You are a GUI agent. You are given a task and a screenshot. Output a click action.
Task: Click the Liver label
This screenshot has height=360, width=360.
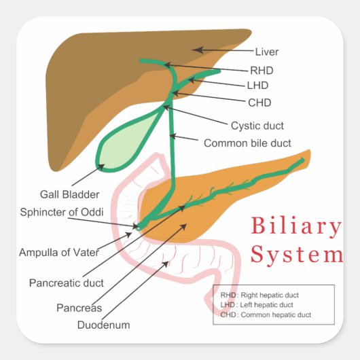pos(267,52)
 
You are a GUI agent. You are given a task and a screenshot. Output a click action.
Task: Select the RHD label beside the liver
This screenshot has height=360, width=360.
pos(262,69)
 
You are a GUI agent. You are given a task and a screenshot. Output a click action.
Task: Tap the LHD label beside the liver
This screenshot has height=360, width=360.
pos(258,86)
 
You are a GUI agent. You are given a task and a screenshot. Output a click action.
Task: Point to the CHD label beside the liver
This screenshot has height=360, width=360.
pos(259,103)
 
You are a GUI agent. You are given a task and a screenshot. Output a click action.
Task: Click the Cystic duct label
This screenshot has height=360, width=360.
pos(257,126)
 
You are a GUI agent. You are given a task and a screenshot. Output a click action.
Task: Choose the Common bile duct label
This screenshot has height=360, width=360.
pos(247,143)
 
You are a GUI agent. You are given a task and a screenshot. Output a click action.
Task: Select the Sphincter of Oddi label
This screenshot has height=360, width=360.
pos(62,212)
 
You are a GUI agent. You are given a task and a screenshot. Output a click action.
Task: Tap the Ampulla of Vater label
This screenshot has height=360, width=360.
pos(59,253)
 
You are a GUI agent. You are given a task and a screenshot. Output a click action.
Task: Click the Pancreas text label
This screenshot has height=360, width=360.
pos(79,308)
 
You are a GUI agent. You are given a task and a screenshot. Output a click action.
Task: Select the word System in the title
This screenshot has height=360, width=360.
pos(297,255)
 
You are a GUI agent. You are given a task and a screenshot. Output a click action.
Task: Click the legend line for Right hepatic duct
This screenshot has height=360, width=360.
pos(259,295)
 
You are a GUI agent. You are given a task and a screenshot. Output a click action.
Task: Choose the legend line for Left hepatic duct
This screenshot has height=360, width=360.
pos(257,305)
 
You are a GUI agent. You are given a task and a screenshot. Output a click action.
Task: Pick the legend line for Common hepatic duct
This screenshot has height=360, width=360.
pos(266,314)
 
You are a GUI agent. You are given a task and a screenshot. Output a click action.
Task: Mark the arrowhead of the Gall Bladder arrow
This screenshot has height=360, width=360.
pos(102,165)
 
